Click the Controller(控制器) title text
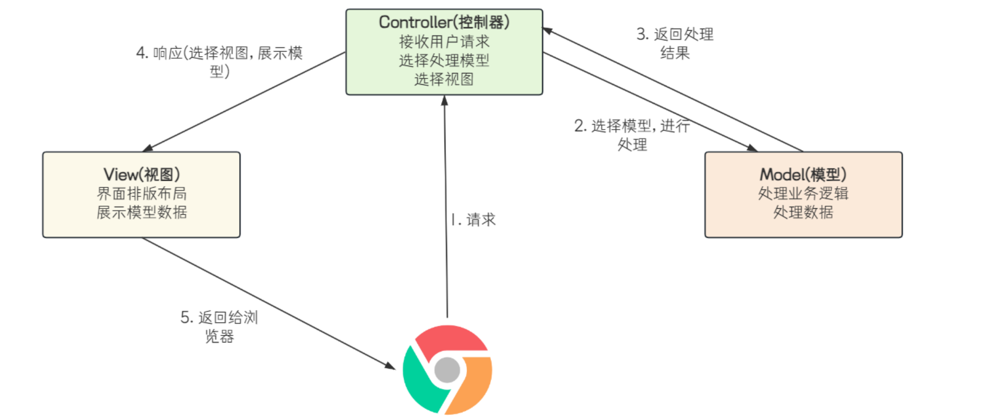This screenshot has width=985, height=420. pos(444,22)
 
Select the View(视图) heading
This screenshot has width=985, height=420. pos(142,175)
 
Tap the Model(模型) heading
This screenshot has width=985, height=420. pos(803,175)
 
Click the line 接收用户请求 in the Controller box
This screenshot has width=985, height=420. pos(444,41)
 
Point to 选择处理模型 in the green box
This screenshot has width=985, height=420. pos(444,60)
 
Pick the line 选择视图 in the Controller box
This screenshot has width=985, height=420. pos(444,79)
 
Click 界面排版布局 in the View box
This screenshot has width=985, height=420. pos(142,193)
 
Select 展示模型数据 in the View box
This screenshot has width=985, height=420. pos(142,212)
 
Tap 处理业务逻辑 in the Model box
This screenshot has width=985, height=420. pos(803,193)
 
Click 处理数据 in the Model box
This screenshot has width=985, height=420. pos(803,212)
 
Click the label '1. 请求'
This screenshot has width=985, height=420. pos(473,220)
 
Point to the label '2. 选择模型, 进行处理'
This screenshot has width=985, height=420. pos(632,135)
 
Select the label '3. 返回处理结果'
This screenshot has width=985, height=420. pos(675,43)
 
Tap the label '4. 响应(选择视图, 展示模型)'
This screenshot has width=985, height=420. pos(219,61)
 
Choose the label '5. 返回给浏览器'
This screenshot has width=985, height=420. pos(219,327)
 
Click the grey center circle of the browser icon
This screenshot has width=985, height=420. pos(447,370)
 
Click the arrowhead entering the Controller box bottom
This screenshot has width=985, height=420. pos(444,100)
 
